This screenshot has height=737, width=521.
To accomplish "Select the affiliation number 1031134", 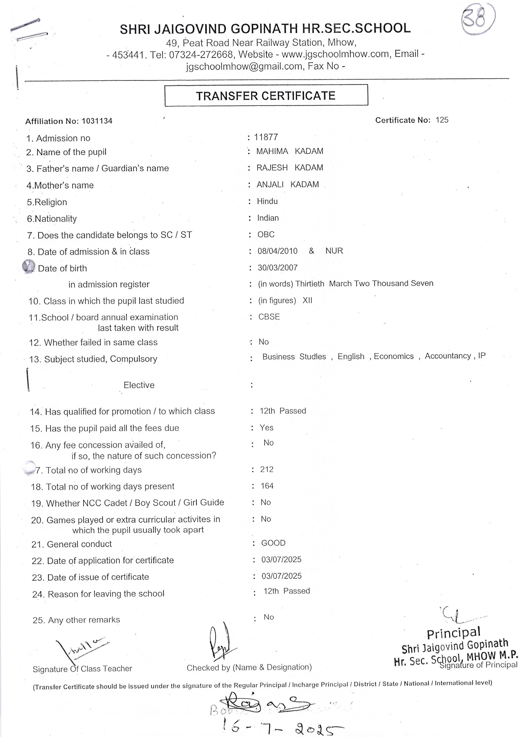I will pos(97,121).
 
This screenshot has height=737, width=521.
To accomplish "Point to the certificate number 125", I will pos(442,120).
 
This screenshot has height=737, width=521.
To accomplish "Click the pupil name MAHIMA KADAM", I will pos(290,151).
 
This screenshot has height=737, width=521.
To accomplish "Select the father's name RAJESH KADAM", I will pos(290,168).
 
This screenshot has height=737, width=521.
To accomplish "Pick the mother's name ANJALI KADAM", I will pos(288,185).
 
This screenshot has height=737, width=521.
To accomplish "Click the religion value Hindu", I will pos(267,201).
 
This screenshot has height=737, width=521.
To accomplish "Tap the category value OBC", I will pos(266,234).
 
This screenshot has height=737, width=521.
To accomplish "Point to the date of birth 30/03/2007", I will pos(277,267).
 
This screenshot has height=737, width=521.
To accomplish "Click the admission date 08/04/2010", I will pos(277,251).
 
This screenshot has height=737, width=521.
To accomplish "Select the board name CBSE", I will pos(269,317).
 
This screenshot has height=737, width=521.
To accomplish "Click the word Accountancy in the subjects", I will pos(448,356).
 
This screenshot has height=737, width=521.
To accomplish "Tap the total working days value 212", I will pos(267,469).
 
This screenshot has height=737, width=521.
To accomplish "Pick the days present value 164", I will pos(267,486).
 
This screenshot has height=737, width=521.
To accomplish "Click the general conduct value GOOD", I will pos(273,543).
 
